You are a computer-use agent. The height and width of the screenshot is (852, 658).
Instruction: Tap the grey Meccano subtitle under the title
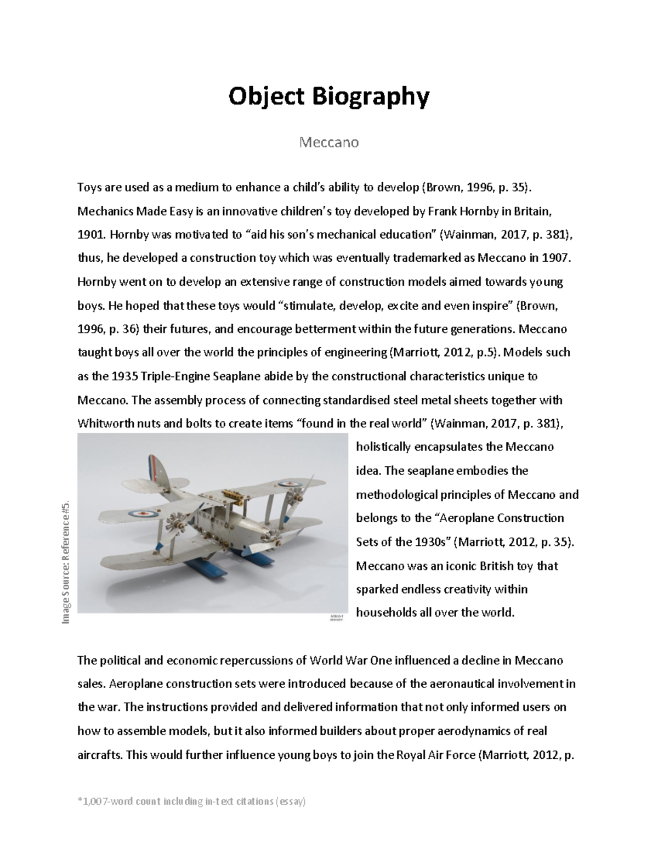click(328, 143)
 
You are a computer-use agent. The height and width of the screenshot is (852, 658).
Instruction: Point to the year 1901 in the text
click(90, 235)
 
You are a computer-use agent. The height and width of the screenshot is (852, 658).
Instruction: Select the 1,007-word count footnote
click(192, 802)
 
